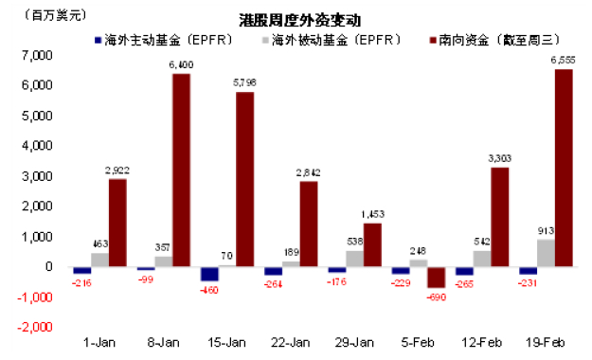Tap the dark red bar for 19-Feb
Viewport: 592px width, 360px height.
pyautogui.click(x=563, y=168)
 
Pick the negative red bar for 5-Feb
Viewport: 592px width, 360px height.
pyautogui.click(x=436, y=277)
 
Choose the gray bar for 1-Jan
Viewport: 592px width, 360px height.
pyautogui.click(x=99, y=260)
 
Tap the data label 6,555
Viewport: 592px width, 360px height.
pyautogui.click(x=563, y=60)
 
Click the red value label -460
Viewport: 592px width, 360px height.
pyautogui.click(x=209, y=290)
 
